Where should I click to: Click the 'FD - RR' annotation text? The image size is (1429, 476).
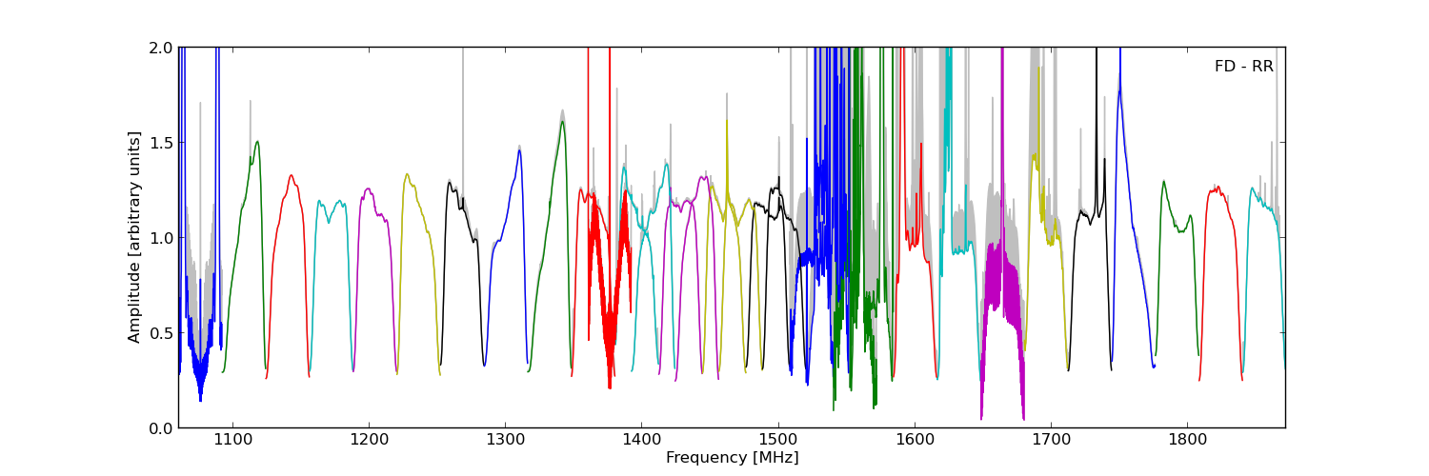click(x=1243, y=67)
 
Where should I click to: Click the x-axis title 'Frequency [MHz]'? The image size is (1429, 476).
click(x=732, y=458)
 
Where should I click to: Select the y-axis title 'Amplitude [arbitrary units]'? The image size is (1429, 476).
click(x=135, y=237)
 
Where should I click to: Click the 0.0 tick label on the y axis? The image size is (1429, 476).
click(x=161, y=428)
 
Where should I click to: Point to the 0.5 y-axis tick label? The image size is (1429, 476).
click(x=161, y=333)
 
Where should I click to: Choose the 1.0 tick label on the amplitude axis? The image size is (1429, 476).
click(x=161, y=238)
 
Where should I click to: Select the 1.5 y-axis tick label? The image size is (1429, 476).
click(x=161, y=143)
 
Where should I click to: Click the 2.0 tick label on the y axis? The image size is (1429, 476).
click(x=161, y=48)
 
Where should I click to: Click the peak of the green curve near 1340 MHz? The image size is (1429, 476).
click(x=562, y=121)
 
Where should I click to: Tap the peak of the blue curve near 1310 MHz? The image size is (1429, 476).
click(x=519, y=149)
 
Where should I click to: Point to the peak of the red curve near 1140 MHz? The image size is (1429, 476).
click(x=292, y=175)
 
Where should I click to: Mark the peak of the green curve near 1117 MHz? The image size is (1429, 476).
click(x=256, y=142)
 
